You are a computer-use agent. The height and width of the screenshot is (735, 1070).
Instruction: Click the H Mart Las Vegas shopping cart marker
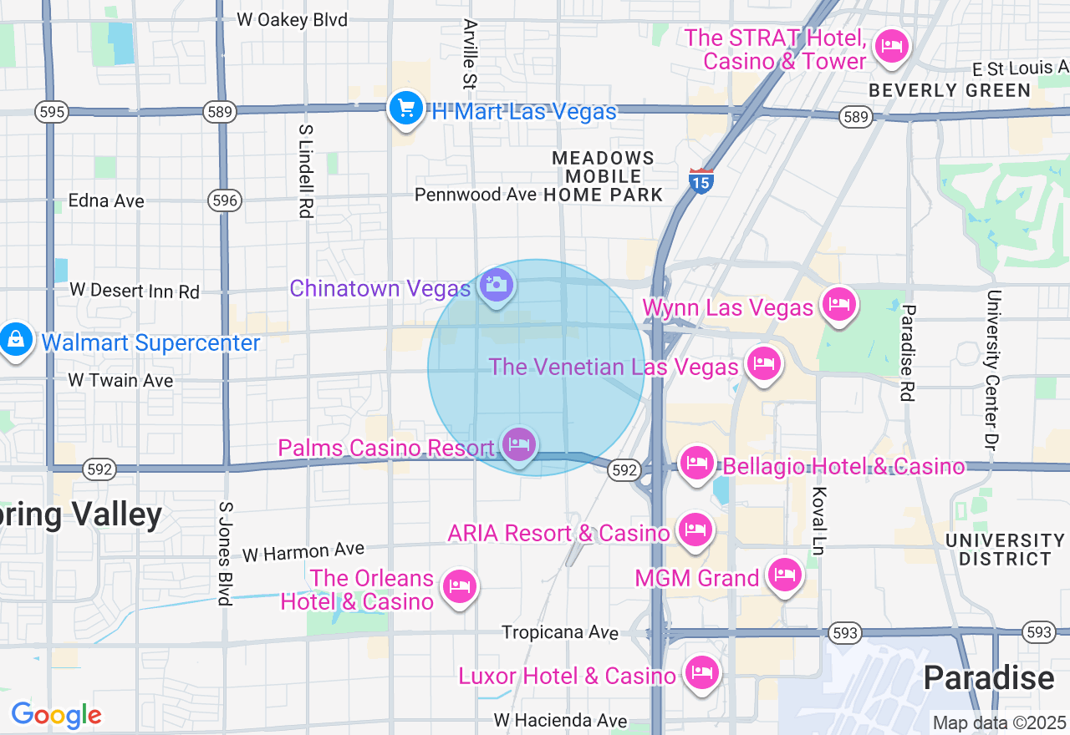406,109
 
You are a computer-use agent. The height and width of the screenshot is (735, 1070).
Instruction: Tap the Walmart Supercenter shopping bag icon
15,339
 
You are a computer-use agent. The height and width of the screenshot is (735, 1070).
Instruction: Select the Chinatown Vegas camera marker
497,285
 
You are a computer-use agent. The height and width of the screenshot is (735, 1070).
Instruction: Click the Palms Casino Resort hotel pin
519,444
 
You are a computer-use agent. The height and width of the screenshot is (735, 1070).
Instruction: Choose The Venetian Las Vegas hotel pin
763,363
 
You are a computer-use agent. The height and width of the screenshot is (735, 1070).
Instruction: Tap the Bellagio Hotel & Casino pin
697,463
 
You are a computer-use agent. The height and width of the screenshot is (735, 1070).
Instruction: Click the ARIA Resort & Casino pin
695,530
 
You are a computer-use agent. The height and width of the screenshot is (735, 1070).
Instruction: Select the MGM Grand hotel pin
784,574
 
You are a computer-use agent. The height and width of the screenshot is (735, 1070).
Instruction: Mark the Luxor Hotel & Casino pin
701,672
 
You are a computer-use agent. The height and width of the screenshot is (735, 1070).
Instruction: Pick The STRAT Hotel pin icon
892,45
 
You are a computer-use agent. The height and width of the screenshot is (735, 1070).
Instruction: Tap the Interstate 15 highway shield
701,180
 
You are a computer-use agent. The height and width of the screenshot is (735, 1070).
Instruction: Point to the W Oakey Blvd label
292,19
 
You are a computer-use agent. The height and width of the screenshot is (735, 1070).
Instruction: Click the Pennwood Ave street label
476,195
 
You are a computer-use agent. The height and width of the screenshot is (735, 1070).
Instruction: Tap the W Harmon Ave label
303,551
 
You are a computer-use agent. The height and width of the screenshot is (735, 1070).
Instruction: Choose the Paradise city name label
988,678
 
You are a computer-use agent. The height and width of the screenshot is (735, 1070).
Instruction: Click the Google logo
56,716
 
